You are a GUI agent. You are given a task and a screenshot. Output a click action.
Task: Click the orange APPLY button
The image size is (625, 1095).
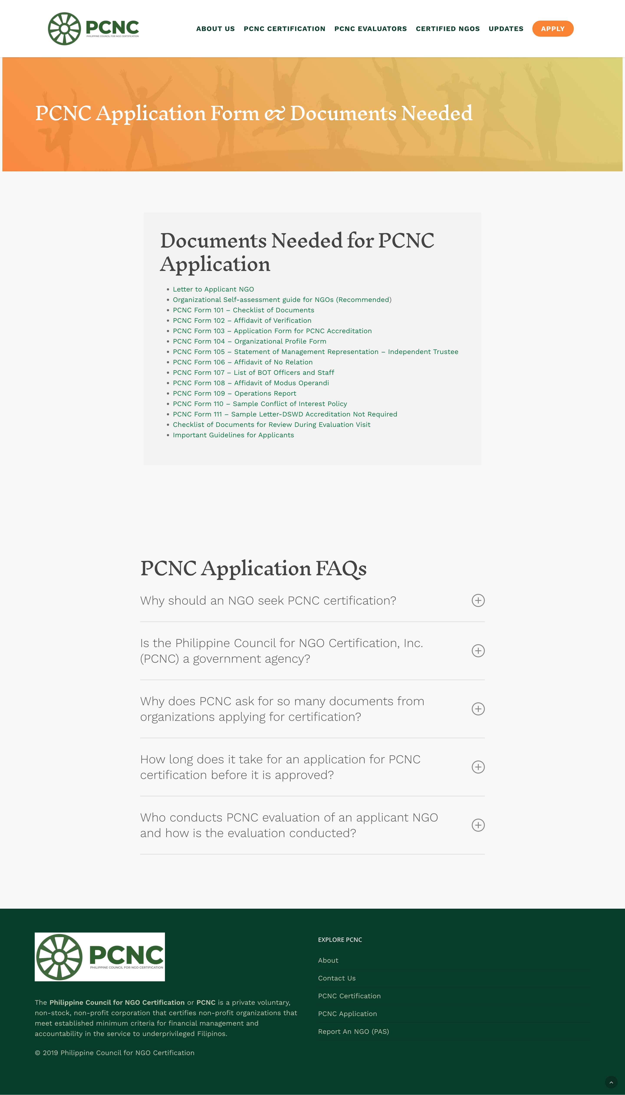click(553, 29)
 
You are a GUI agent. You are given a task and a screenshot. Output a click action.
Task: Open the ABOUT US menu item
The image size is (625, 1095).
click(215, 29)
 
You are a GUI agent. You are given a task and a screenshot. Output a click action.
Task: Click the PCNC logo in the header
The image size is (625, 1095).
click(94, 29)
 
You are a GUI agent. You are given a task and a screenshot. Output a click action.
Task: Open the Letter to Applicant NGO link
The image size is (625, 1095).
click(213, 289)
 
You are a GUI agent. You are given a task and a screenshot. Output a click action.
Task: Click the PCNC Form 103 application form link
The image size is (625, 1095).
click(272, 331)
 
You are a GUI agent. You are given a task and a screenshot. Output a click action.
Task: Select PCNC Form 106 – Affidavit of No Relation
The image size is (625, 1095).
click(243, 362)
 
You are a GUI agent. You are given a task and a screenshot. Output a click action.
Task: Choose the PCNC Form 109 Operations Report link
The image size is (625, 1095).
click(234, 393)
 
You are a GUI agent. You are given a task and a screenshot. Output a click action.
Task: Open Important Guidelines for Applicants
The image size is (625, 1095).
click(233, 435)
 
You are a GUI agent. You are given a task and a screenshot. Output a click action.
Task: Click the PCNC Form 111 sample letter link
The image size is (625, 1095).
click(285, 414)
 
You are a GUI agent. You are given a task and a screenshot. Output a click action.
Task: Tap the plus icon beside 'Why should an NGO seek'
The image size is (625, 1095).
click(478, 600)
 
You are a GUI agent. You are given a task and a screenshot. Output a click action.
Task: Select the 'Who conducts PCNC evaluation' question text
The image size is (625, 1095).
click(289, 825)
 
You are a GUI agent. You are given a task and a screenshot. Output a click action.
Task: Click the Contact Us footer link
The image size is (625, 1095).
click(337, 978)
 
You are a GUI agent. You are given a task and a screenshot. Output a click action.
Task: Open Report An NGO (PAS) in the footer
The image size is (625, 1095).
click(353, 1031)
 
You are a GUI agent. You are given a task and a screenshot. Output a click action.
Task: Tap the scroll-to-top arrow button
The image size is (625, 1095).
click(611, 1082)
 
